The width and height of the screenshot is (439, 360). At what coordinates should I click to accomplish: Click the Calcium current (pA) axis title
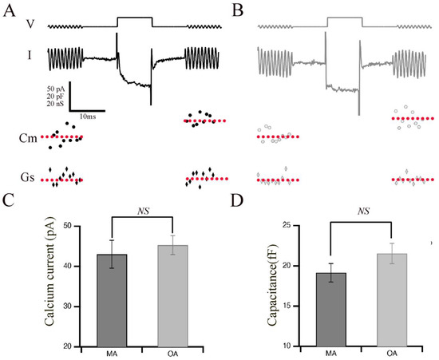[38, 286]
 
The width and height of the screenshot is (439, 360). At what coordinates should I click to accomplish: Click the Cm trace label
[27, 139]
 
